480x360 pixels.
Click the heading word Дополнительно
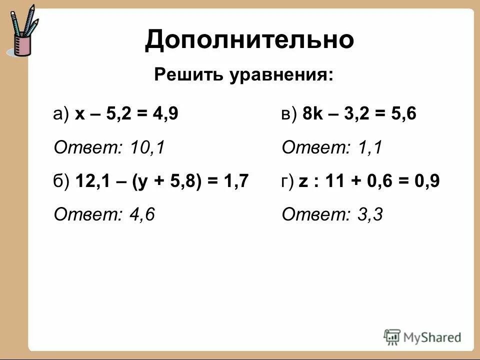point(249,39)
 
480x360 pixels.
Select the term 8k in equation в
point(312,114)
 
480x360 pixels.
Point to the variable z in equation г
point(303,181)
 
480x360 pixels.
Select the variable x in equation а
point(79,114)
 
